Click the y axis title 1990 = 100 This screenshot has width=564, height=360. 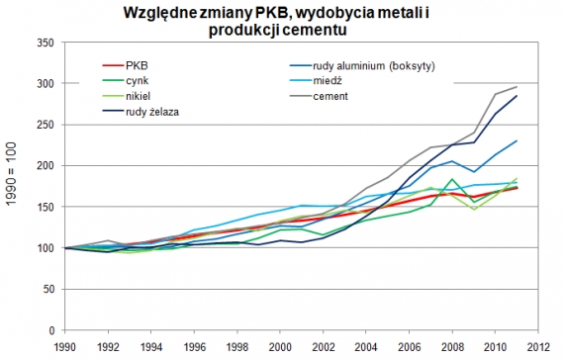[x=13, y=184]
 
